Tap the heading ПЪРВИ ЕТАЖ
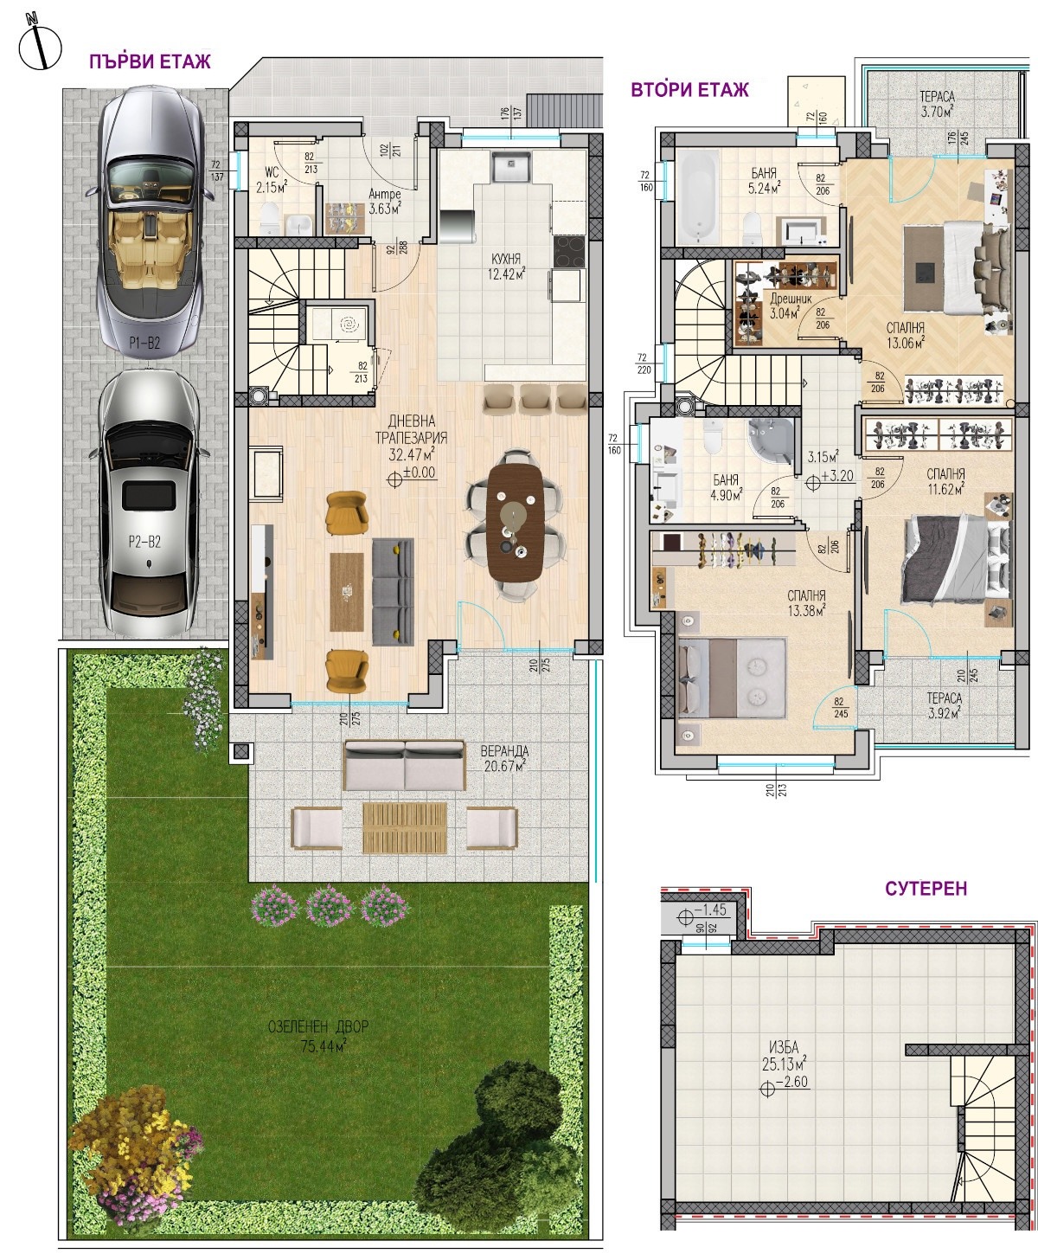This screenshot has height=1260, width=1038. (x=150, y=61)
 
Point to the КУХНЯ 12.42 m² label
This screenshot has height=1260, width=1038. (x=506, y=267)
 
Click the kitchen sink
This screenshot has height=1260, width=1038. (x=510, y=166)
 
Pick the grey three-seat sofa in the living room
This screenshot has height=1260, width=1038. (x=393, y=591)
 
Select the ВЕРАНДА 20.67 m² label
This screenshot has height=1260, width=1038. (x=505, y=759)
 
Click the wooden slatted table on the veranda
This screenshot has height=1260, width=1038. (x=405, y=828)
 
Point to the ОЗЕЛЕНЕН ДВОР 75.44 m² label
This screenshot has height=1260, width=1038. (x=317, y=1036)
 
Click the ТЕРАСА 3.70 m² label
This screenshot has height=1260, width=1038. (x=937, y=104)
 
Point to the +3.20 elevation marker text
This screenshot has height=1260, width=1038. (x=838, y=475)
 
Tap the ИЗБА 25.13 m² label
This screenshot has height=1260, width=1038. (x=784, y=1065)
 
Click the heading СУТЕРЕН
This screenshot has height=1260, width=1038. (x=926, y=888)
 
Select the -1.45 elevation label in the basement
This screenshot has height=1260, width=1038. (x=710, y=910)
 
